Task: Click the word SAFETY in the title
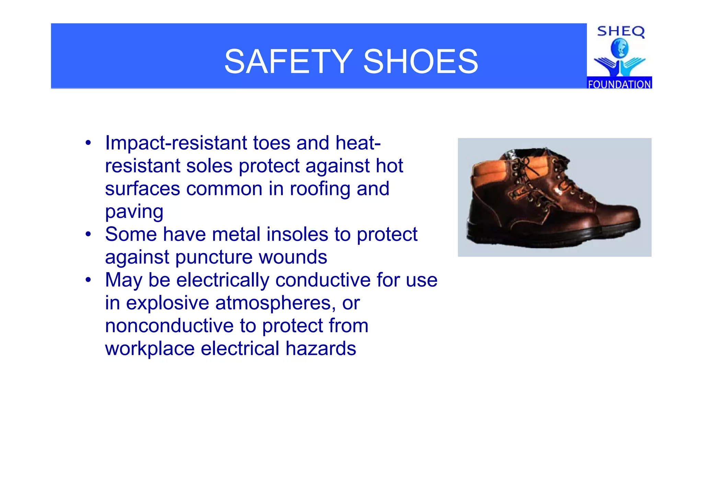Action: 288,62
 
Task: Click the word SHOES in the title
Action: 420,62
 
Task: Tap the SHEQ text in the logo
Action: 621,32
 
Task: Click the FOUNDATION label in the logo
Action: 619,84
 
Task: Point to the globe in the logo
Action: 620,48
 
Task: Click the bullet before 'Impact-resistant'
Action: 89,143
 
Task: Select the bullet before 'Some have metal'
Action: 89,234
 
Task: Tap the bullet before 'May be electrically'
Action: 89,280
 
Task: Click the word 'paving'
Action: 134,212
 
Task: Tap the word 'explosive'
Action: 168,303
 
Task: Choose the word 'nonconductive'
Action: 169,326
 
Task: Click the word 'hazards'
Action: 321,349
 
